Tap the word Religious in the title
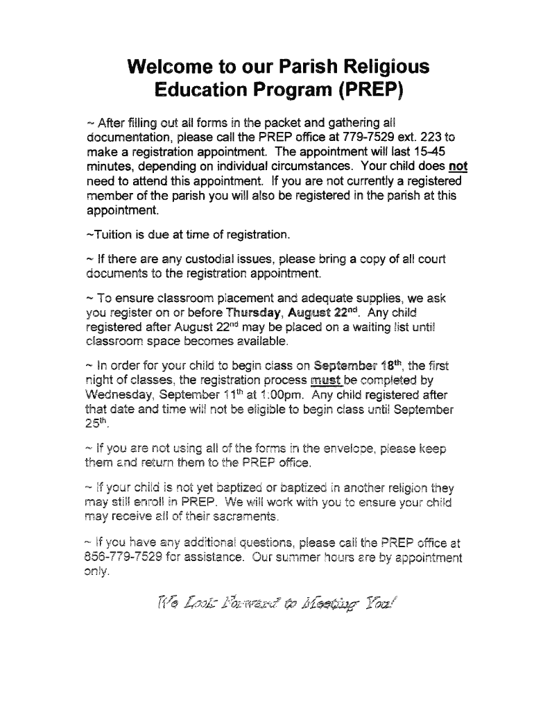click(381, 67)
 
